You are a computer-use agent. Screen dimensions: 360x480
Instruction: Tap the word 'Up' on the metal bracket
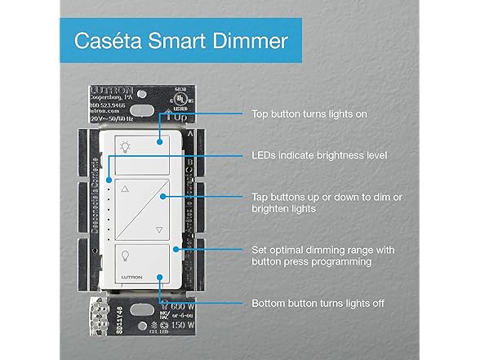click(176, 118)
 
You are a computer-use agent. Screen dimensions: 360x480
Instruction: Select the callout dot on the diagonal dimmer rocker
click(166, 197)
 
